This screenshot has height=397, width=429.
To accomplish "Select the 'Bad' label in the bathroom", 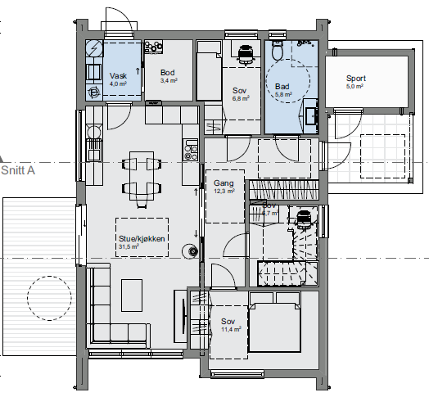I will (282, 86).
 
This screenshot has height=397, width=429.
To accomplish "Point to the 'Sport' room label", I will (356, 78).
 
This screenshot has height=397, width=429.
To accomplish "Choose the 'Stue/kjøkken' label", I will (142, 238).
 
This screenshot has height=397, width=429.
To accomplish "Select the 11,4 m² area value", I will (229, 330).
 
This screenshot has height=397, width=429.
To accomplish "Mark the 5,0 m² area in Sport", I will (355, 86).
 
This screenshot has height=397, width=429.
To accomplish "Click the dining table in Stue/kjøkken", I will (142, 174).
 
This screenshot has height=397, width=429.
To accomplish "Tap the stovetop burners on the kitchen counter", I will (192, 151).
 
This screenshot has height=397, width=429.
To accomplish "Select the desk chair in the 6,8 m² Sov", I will (244, 55).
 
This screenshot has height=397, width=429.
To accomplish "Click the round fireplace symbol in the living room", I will (192, 251).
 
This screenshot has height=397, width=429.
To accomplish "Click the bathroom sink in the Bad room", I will (311, 116).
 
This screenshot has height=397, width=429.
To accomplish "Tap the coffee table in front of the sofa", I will (131, 290).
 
